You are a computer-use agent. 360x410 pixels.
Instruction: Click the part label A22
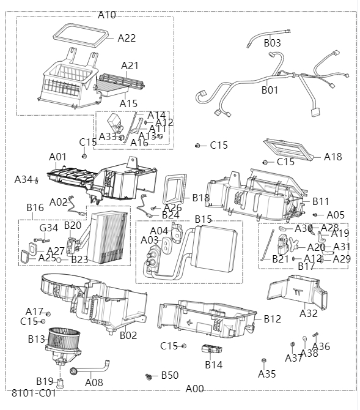coord(127,38)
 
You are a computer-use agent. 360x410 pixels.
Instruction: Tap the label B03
coord(272,43)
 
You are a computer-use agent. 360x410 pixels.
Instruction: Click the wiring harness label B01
coord(270,90)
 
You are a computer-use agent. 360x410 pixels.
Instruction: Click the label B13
coord(37,338)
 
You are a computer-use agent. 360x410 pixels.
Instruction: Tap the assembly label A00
coord(194,389)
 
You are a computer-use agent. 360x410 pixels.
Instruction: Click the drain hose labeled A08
coord(94,382)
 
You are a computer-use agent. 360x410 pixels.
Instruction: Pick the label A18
coord(332,157)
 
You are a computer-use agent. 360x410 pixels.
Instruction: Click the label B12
coord(272,319)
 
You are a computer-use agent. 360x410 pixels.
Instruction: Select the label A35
coord(266,373)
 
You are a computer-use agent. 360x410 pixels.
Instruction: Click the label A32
coord(309,313)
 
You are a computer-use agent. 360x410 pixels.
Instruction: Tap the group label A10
coord(106,14)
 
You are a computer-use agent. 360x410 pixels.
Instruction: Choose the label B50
coord(169,375)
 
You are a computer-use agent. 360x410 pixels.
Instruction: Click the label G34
coord(48,228)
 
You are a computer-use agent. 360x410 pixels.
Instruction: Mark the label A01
coord(57,157)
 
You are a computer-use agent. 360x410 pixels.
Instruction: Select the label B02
coord(128,335)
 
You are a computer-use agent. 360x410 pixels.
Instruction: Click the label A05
coord(335,215)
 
